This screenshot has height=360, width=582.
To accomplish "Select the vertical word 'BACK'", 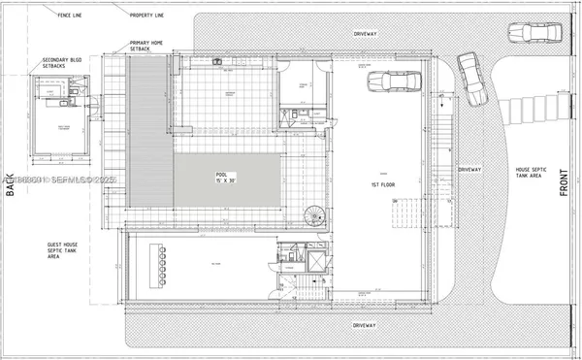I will [x=12, y=184].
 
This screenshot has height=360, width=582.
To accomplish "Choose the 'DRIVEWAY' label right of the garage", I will [x=469, y=169].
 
